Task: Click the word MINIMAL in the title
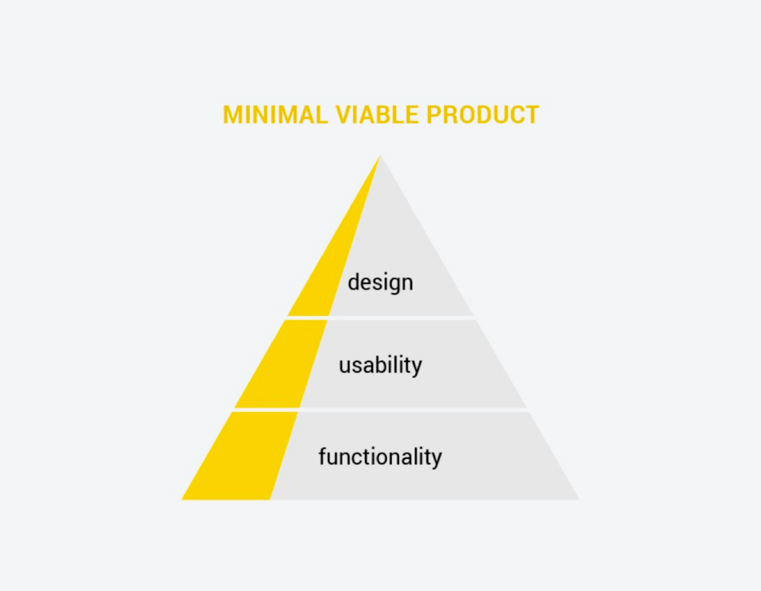pyautogui.click(x=275, y=115)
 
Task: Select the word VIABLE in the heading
pyautogui.click(x=377, y=115)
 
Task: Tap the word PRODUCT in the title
pyautogui.click(x=483, y=115)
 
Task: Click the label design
pyautogui.click(x=381, y=283)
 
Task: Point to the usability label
pyautogui.click(x=381, y=365)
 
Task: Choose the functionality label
pyautogui.click(x=381, y=456)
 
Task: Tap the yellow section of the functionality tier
pyautogui.click(x=242, y=456)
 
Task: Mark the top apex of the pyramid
pyautogui.click(x=381, y=156)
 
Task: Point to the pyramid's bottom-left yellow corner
pyautogui.click(x=182, y=499)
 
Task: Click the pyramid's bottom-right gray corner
pyautogui.click(x=579, y=499)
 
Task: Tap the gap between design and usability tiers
pyautogui.click(x=381, y=318)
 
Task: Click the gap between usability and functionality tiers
pyautogui.click(x=381, y=409)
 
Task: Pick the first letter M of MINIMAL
pyautogui.click(x=232, y=115)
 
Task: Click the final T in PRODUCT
pyautogui.click(x=531, y=115)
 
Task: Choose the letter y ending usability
pyautogui.click(x=417, y=368)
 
